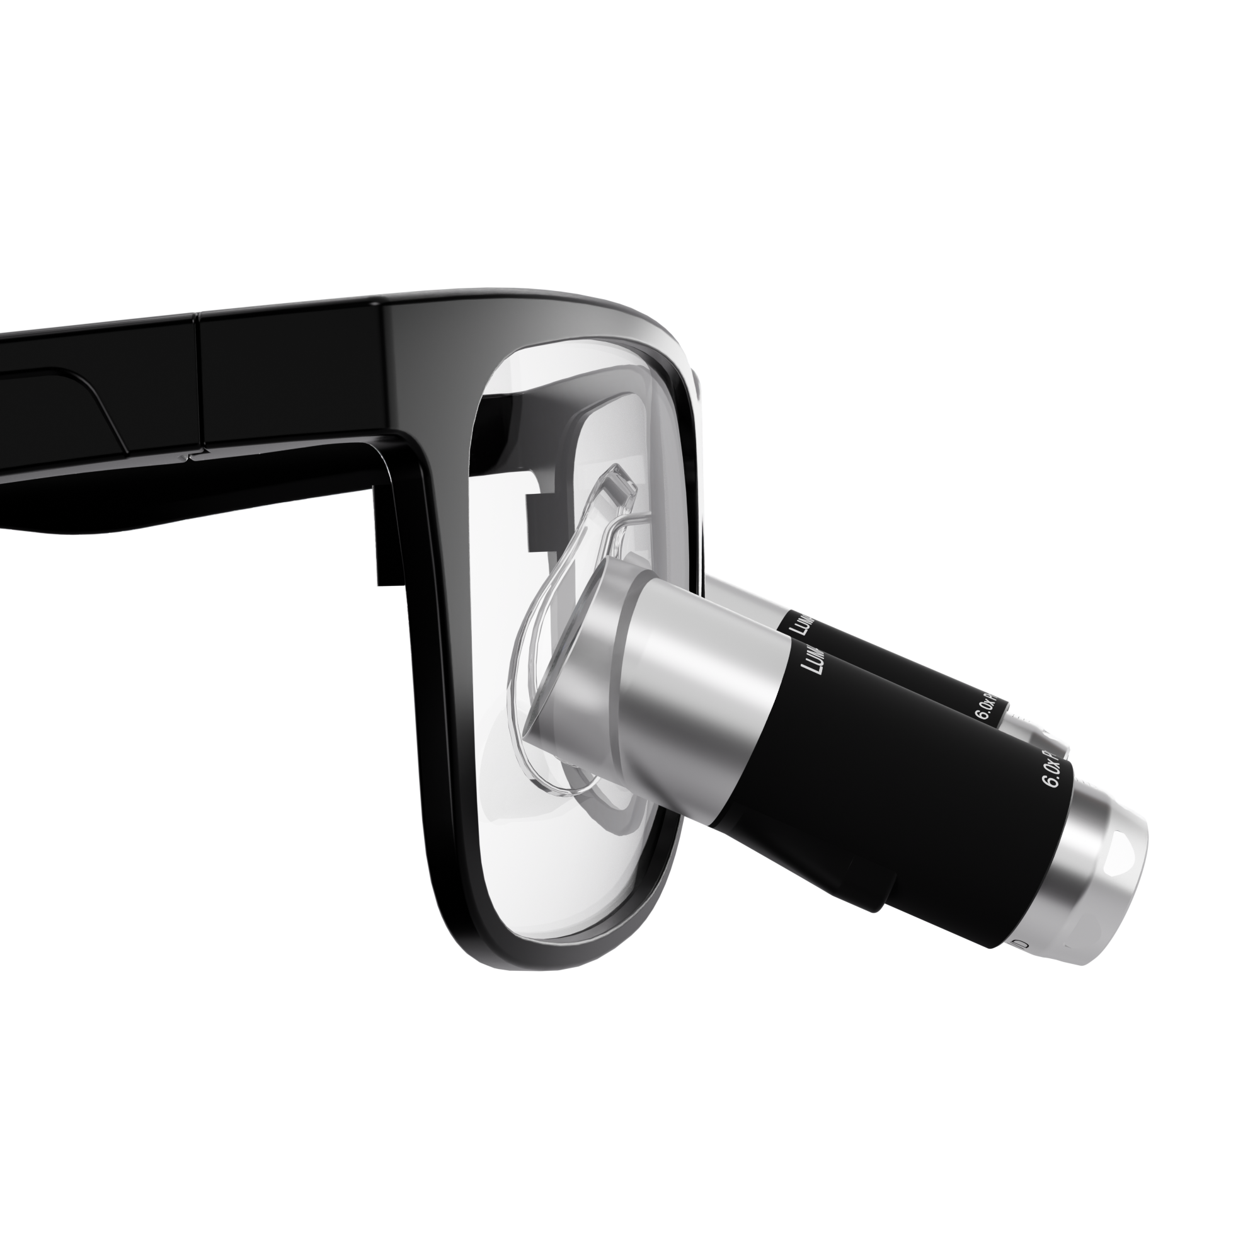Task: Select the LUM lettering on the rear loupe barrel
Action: tap(800, 624)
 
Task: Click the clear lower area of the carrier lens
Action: tap(574, 874)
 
